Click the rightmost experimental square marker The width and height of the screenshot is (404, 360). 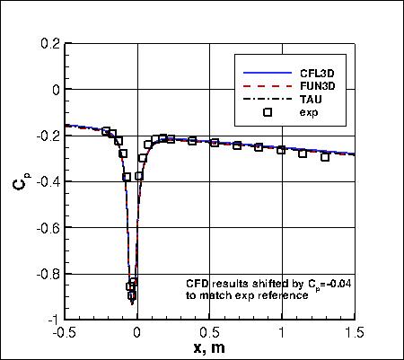coord(325,157)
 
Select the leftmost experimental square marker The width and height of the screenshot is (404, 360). coord(106,131)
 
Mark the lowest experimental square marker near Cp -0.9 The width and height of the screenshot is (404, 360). coord(132,295)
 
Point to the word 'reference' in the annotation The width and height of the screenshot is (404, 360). coord(285,294)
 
